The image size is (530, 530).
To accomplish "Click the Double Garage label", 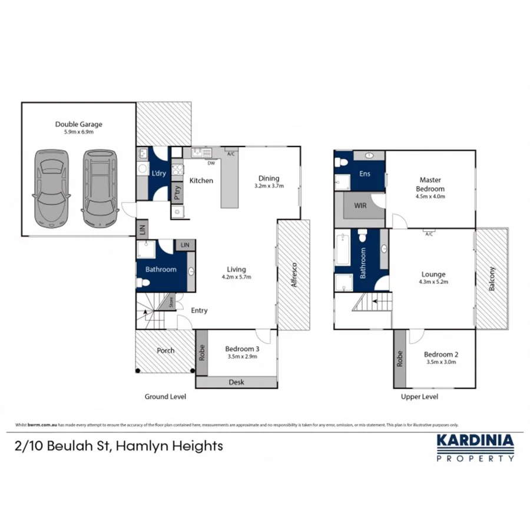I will (79, 124).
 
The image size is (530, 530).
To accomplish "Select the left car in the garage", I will (51, 189).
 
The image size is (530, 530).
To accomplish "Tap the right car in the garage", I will (98, 188).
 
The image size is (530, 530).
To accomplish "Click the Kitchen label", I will (201, 180).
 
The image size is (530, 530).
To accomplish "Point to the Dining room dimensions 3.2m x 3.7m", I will (269, 186).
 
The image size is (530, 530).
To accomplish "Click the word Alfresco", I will (293, 275).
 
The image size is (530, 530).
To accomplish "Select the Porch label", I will (165, 350).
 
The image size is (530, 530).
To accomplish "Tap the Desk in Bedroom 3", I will (236, 382).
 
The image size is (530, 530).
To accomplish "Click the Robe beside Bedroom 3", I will (201, 352).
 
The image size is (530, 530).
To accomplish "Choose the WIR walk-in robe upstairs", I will (360, 206).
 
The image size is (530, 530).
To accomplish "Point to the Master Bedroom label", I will (430, 184).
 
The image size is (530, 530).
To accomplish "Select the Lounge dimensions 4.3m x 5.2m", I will (433, 282).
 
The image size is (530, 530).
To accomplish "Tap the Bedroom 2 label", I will (441, 355).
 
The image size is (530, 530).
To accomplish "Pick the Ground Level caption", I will (165, 397).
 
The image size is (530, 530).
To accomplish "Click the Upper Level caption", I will (419, 397).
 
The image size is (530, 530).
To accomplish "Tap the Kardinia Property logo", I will (475, 447).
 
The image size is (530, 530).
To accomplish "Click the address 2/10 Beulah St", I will (118, 446).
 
